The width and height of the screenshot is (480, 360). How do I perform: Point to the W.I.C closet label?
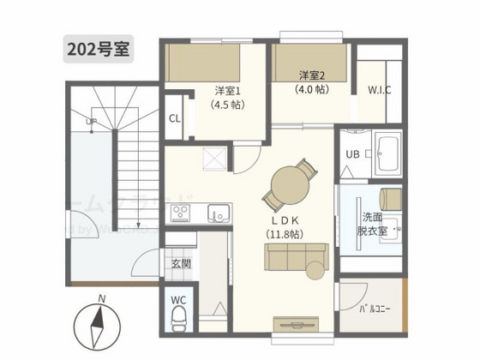[380, 90]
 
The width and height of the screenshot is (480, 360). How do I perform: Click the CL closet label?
[174, 119]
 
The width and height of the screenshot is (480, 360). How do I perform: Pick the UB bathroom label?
[352, 154]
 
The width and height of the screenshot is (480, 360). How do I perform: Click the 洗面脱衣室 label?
[374, 224]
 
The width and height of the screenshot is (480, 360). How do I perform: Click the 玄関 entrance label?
[180, 263]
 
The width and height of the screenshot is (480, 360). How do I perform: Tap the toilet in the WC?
[179, 320]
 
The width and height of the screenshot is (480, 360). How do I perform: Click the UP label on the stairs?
[90, 122]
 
